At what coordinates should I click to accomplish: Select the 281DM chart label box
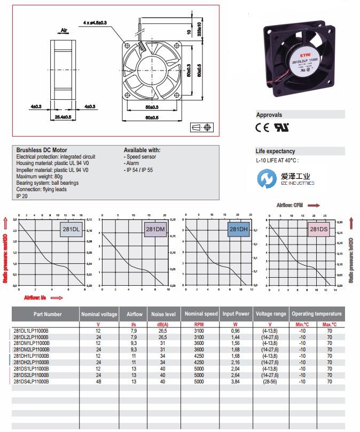point(155,230)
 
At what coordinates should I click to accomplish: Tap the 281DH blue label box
point(239,230)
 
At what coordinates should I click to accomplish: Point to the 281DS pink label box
point(319,230)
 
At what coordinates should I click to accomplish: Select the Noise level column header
point(163,314)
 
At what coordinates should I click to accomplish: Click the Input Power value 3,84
point(235,381)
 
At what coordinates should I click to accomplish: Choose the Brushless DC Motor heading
point(42,150)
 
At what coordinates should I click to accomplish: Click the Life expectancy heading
point(276,151)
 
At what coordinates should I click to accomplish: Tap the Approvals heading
point(269,115)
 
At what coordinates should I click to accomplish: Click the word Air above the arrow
point(64,32)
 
